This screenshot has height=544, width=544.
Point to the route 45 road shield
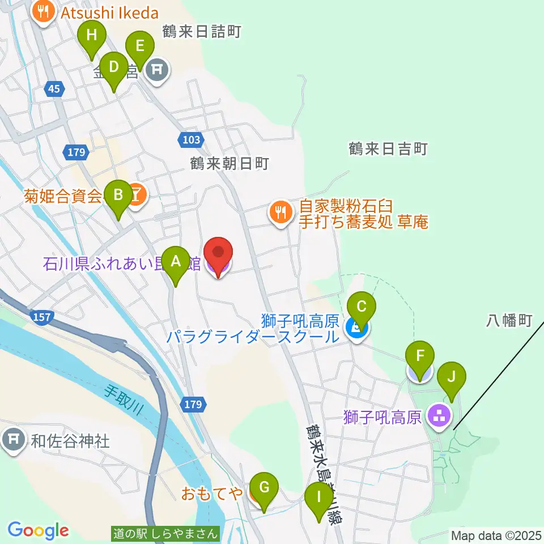pyautogui.click(x=53, y=88)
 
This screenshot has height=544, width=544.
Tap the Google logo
pyautogui.click(x=38, y=530)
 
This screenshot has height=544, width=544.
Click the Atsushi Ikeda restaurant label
pyautogui.click(x=109, y=13)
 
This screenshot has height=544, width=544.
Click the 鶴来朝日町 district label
pyautogui.click(x=229, y=164)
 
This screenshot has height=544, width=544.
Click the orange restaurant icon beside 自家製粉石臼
pyautogui.click(x=280, y=212)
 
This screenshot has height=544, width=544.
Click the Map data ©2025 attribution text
pyautogui.click(x=495, y=534)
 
